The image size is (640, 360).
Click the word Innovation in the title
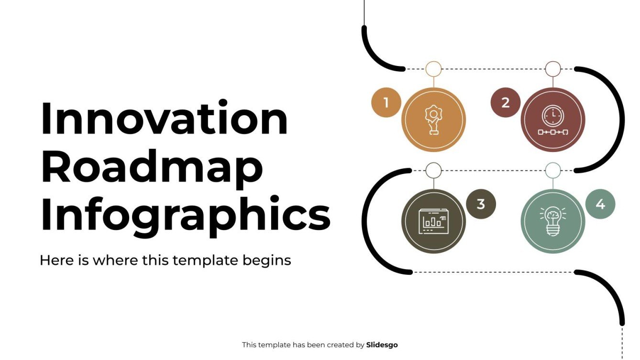pos(164,119)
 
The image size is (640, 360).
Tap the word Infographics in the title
pos(185,213)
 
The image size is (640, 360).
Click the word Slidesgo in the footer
pos(382,345)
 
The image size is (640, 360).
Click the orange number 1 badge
pos(386,102)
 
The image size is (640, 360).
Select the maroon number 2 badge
pos(505,102)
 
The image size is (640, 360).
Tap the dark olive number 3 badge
pos(481,204)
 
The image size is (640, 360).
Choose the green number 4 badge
pos(600,204)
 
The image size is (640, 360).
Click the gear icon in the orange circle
pos(433,120)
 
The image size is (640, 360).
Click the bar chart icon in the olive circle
pos(433,221)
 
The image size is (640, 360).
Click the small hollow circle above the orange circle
pos(433,69)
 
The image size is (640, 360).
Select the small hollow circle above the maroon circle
pos(553,69)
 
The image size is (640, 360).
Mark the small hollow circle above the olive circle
pos(433,170)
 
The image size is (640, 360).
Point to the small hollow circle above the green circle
pos(553,170)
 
